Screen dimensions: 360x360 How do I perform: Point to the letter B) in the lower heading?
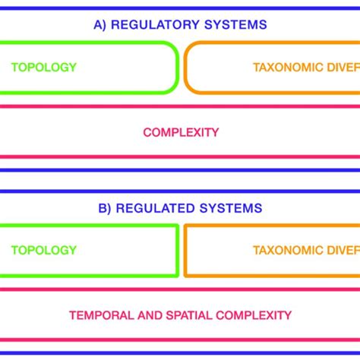point(105,208)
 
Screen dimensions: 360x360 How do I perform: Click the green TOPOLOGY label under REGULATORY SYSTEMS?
point(44,67)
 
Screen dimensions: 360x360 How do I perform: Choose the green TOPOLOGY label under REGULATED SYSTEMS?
point(44,250)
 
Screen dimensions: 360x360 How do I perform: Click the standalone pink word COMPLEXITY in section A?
point(181,132)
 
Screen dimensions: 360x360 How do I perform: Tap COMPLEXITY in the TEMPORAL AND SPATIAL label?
point(254,314)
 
